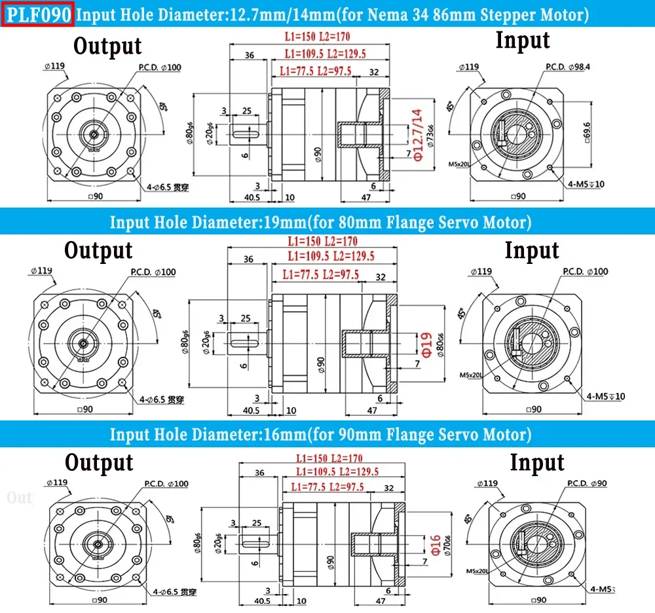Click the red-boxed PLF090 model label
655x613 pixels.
click(x=37, y=14)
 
